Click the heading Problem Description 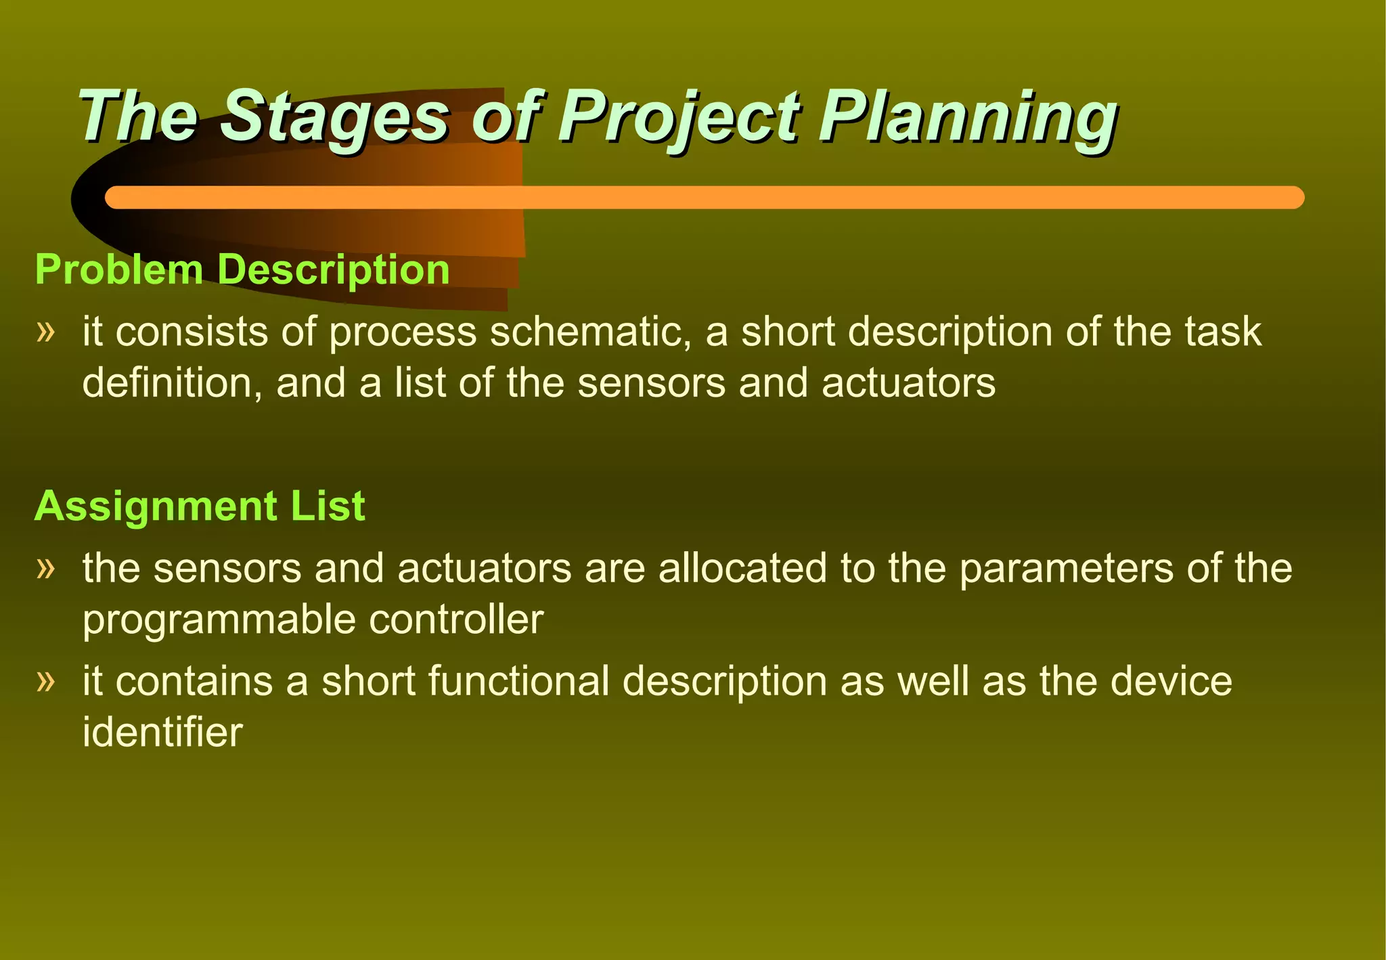coord(242,269)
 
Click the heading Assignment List coord(200,506)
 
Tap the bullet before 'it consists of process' coord(45,332)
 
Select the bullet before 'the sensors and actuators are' coord(45,567)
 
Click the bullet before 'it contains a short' coord(45,680)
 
